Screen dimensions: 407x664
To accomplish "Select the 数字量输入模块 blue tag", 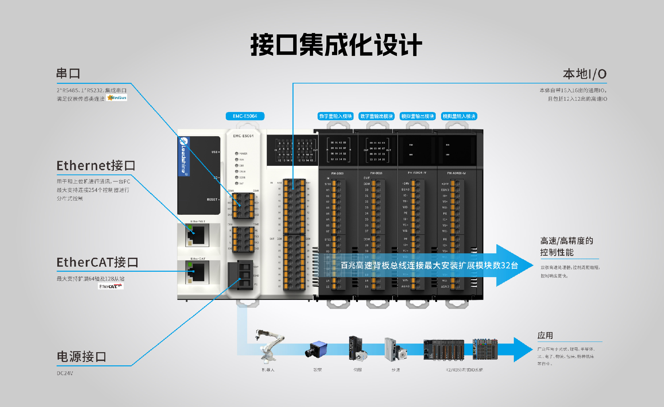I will [x=335, y=116].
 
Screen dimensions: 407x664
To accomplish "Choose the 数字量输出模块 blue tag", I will [x=376, y=116].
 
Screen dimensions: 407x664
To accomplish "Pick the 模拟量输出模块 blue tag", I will [x=418, y=116].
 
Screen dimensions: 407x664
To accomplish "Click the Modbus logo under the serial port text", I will [x=117, y=98].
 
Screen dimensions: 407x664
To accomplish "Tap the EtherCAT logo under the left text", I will [x=111, y=286].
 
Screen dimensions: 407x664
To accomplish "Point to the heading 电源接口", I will [x=81, y=357].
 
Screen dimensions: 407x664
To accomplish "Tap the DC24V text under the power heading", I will [x=65, y=373].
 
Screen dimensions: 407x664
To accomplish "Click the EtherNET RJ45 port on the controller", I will [x=197, y=235].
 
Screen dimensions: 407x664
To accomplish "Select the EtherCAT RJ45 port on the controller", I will [x=197, y=272].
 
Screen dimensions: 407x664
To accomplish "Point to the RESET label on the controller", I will [x=212, y=200].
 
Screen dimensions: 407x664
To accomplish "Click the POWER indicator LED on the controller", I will [x=237, y=153].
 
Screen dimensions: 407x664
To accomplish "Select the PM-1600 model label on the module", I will [x=337, y=173].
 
